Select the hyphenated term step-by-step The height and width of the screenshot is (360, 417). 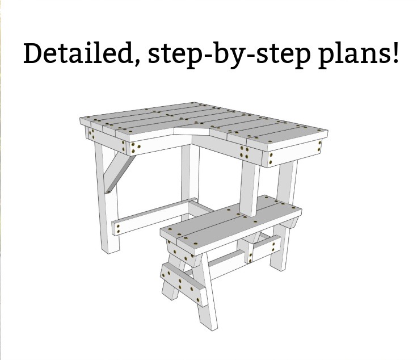click(x=229, y=55)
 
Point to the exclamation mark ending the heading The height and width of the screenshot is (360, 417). click(x=395, y=53)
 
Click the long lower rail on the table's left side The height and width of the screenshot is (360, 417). click(x=154, y=216)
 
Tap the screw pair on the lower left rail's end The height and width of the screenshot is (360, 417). click(x=118, y=229)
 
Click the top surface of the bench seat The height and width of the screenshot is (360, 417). click(x=231, y=221)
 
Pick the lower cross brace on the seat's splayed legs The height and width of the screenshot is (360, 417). click(x=183, y=284)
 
